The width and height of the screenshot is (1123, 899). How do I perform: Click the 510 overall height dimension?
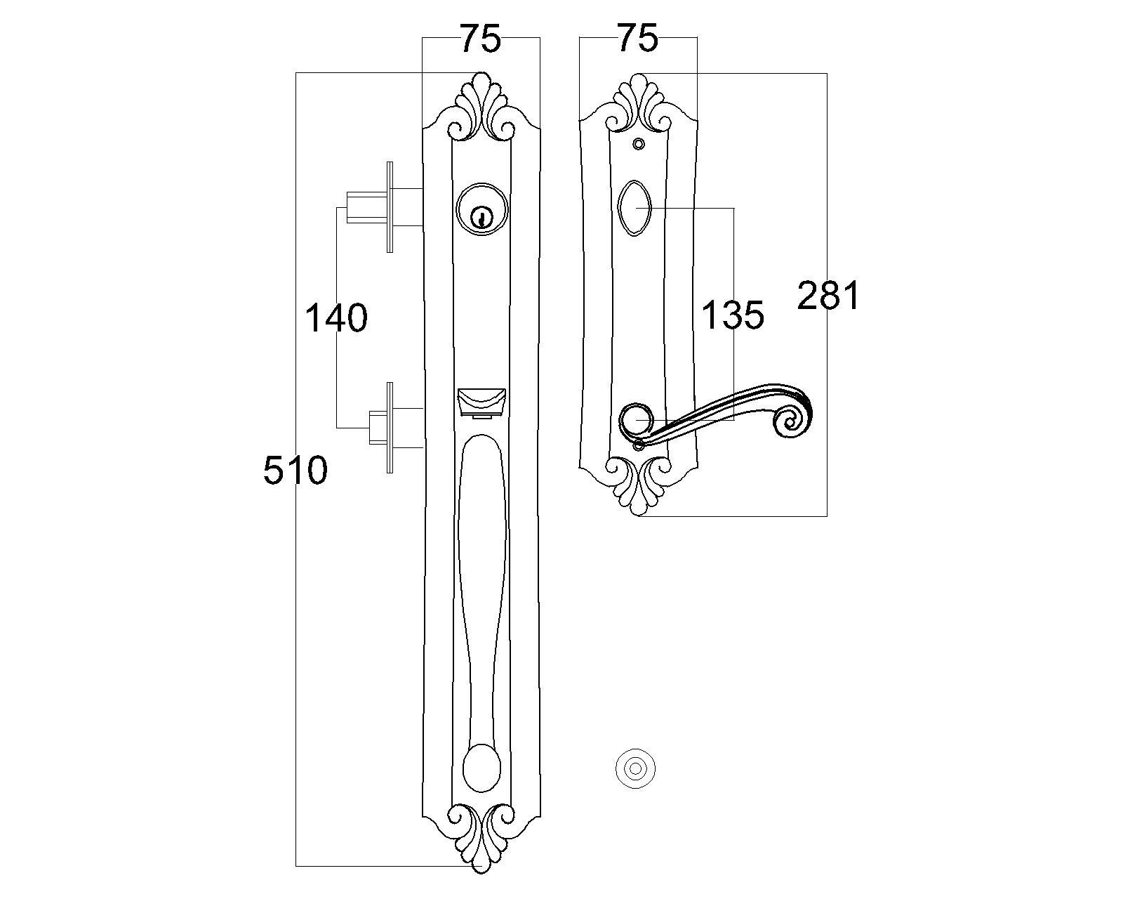pyautogui.click(x=295, y=470)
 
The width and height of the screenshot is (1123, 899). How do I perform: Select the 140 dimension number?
pyautogui.click(x=335, y=317)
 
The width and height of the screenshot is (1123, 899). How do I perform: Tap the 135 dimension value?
pyautogui.click(x=733, y=315)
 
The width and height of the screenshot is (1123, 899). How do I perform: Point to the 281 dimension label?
pyautogui.click(x=828, y=296)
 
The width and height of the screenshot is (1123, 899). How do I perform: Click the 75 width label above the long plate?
pyautogui.click(x=481, y=39)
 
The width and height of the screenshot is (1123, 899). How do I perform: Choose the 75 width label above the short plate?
pyautogui.click(x=638, y=38)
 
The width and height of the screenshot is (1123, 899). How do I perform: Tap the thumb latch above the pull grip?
pyautogui.click(x=481, y=403)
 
